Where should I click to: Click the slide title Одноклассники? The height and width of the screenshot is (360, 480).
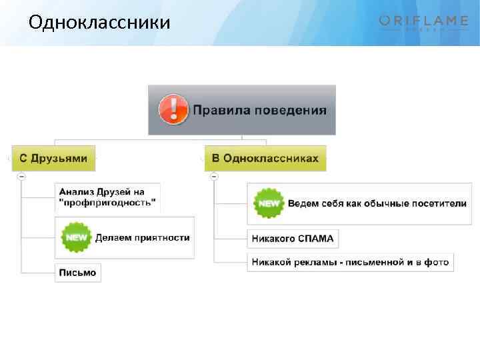click(x=99, y=23)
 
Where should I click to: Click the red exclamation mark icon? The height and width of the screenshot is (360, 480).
click(x=173, y=109)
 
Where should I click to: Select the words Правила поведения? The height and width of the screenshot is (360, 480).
click(x=260, y=109)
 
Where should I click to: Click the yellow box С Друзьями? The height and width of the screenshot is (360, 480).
click(x=53, y=158)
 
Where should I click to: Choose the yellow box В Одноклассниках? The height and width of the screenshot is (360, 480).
click(x=265, y=158)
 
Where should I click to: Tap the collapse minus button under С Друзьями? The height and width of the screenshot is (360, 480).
click(x=21, y=177)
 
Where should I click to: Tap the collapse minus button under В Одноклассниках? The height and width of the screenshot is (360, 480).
click(x=214, y=177)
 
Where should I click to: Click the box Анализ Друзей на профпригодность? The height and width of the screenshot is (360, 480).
click(x=107, y=197)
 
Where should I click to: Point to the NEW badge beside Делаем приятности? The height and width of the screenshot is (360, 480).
click(x=75, y=237)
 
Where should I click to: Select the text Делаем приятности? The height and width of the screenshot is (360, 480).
click(x=142, y=237)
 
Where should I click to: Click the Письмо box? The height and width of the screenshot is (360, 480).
click(x=77, y=273)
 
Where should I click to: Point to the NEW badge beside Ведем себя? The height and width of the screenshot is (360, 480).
click(x=268, y=203)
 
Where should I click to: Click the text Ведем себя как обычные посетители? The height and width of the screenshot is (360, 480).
click(x=377, y=203)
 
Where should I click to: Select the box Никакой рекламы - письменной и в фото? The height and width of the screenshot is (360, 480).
click(x=350, y=262)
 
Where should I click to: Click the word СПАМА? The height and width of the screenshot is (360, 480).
click(x=315, y=238)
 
